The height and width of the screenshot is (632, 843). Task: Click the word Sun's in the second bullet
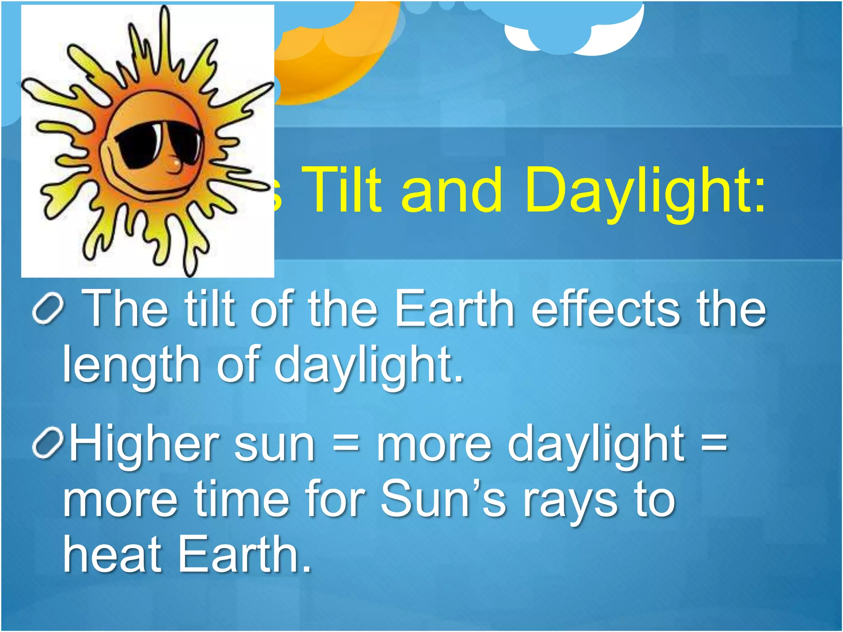pos(442,500)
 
